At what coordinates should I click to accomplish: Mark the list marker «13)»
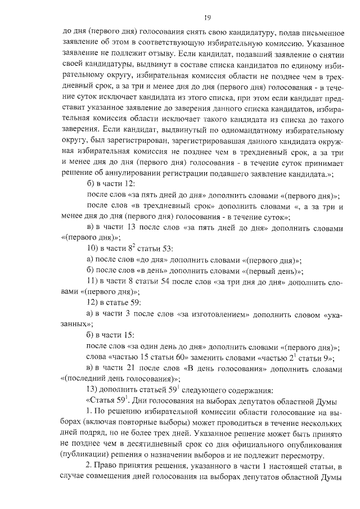[92, 395]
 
